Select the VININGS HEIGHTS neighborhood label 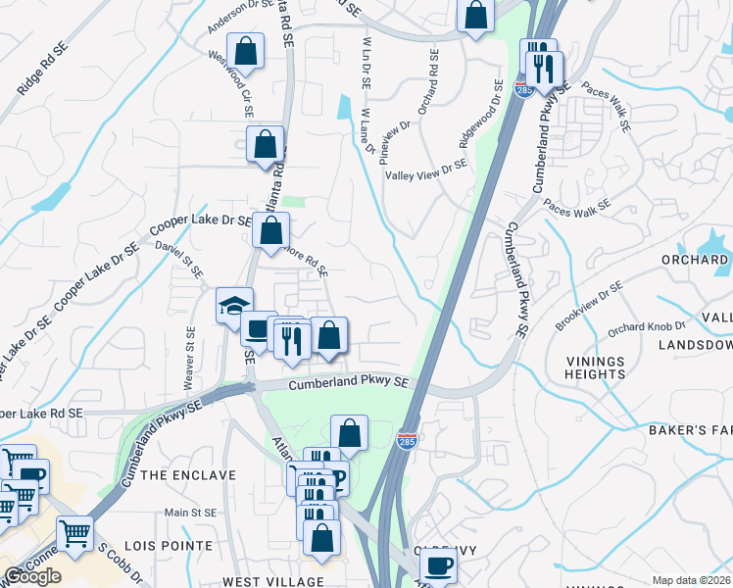pos(595,367)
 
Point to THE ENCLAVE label pos(189,475)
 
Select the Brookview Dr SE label pos(590,305)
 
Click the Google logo pos(33,576)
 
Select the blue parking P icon pos(336,479)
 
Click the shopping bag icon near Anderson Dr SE pos(246,51)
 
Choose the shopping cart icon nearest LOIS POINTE pos(74,533)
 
